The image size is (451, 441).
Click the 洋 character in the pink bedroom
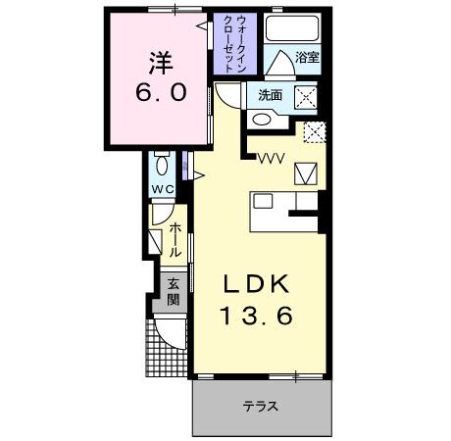tap(160, 64)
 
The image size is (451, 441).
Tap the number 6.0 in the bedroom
tap(160, 96)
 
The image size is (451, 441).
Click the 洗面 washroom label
tap(270, 95)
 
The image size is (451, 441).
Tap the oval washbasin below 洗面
tap(263, 120)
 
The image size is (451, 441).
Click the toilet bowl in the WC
tap(163, 164)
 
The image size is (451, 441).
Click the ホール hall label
tap(175, 239)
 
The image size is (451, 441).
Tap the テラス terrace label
tap(261, 407)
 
